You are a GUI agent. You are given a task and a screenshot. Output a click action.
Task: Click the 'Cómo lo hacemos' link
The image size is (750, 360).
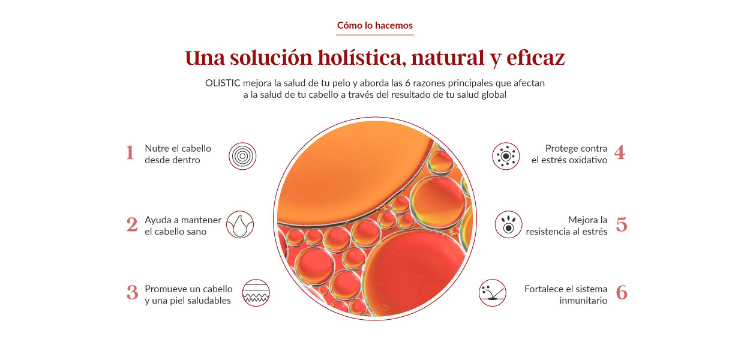(374, 25)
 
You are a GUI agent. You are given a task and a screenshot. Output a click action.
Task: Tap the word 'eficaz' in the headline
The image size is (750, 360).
(535, 58)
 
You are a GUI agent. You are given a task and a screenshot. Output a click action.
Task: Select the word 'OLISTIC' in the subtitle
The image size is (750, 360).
(223, 83)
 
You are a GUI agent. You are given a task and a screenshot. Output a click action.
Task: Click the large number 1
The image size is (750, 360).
(130, 153)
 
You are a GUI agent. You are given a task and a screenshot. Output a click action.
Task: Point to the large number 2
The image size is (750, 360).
(132, 224)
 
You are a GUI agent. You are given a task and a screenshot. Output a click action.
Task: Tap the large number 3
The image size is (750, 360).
(132, 293)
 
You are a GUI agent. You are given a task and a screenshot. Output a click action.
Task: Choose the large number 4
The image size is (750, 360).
(619, 153)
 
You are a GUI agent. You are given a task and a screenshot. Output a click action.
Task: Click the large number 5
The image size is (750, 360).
(622, 224)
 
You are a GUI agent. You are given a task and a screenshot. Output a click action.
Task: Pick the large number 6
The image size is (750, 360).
(622, 293)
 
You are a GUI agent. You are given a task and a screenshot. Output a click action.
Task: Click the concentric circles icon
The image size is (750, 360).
(242, 156)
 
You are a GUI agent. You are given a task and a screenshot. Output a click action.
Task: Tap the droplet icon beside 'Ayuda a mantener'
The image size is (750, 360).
(240, 224)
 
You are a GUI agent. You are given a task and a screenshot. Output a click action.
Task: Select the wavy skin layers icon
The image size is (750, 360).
(256, 293)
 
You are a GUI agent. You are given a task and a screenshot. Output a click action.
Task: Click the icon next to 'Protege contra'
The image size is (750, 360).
(506, 156)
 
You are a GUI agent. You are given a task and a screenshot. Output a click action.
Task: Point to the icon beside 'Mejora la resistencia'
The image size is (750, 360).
(509, 224)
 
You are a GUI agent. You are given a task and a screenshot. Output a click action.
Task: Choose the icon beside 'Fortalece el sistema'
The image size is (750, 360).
(493, 293)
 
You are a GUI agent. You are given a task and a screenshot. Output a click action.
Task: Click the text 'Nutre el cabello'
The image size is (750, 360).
(178, 148)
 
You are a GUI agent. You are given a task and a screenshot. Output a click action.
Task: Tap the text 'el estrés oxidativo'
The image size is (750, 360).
(569, 160)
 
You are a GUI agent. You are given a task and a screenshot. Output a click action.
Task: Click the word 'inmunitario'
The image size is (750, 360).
(583, 301)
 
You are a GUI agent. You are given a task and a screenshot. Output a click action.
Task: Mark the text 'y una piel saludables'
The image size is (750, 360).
(188, 301)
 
